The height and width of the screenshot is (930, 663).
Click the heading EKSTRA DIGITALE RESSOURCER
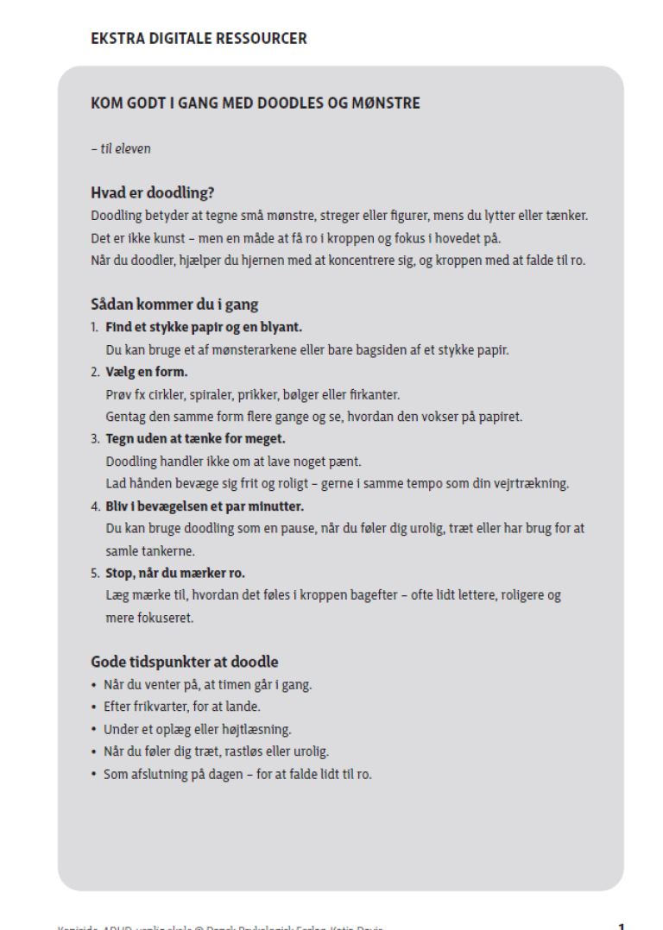pos(199,39)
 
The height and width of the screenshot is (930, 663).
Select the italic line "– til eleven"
pos(121,148)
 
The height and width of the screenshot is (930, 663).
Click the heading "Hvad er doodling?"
pos(152,192)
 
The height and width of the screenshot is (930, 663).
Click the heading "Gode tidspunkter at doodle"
pos(185,663)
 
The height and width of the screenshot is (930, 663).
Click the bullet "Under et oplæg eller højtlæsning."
pos(197,729)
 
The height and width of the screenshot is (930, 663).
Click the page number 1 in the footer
pos(622,925)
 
